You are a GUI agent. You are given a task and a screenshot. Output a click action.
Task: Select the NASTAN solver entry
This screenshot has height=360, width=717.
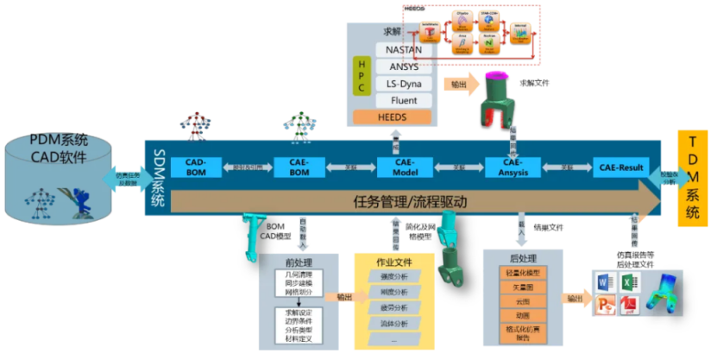click(x=404, y=50)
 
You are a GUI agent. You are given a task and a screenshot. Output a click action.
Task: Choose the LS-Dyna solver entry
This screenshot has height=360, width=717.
click(x=404, y=84)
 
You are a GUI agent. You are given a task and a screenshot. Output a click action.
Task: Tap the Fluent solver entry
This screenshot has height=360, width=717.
click(x=404, y=100)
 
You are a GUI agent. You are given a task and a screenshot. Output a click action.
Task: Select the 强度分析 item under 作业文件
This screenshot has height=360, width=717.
click(x=393, y=276)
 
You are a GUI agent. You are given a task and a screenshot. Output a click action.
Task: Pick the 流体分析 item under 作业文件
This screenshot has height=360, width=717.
click(x=393, y=323)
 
